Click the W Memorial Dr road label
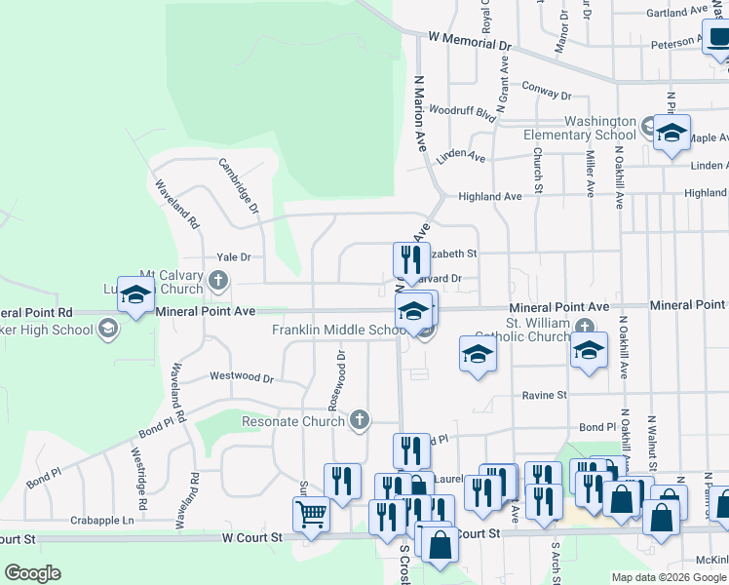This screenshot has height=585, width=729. [470, 45]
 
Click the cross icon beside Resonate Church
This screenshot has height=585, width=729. [360, 420]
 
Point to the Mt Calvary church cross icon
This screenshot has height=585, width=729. [218, 282]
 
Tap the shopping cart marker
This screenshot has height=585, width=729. [311, 512]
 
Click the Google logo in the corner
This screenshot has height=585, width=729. [32, 572]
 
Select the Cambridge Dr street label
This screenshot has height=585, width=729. [239, 186]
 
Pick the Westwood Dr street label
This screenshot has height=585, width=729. [242, 376]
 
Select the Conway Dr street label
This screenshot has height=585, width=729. [546, 90]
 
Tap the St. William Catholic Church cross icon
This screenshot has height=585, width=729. [584, 326]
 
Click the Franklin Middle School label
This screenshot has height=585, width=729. [339, 330]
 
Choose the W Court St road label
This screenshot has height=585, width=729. [251, 537]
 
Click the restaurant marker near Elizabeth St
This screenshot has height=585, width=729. [411, 259]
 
